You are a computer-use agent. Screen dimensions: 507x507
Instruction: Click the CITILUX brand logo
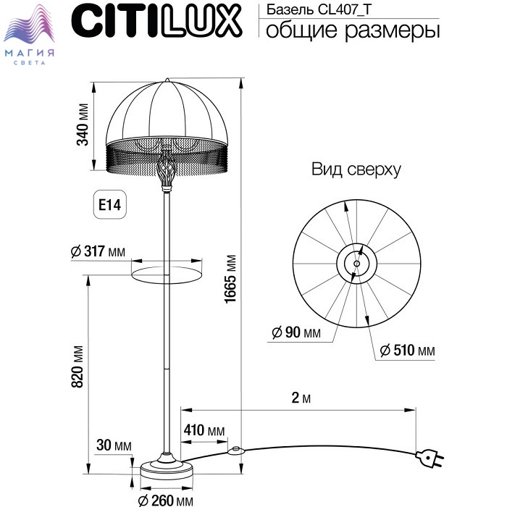pos(156,21)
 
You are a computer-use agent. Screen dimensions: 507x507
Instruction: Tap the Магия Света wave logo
pos(29,34)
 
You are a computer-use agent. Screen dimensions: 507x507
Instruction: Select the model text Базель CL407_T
pos(319,9)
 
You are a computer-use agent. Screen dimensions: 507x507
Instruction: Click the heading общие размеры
pos(353,30)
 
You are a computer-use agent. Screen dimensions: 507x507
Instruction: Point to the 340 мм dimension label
pos(83,125)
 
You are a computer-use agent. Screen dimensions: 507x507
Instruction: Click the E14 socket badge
pos(109,204)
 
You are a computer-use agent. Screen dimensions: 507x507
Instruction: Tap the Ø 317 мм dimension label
pos(98,251)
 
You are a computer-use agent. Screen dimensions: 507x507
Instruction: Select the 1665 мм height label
pos(230,279)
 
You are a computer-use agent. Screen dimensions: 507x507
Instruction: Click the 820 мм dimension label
pos(77,366)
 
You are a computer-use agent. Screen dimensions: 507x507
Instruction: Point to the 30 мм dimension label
pos(114,445)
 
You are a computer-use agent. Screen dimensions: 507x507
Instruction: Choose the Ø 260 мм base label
pos(166,500)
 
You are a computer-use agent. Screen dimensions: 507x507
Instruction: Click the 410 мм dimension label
pos(204,430)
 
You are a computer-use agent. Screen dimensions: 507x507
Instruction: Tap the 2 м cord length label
pos(301,398)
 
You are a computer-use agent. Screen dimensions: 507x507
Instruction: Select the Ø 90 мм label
pos(296,332)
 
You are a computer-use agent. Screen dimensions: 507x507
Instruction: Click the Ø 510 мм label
pos(407,350)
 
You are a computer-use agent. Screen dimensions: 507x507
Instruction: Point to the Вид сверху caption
pos(356,169)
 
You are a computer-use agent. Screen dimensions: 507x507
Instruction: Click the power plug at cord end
pos(429,458)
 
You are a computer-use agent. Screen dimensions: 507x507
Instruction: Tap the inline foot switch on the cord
pos(235,451)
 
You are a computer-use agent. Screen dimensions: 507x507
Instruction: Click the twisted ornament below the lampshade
pos(167,170)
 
